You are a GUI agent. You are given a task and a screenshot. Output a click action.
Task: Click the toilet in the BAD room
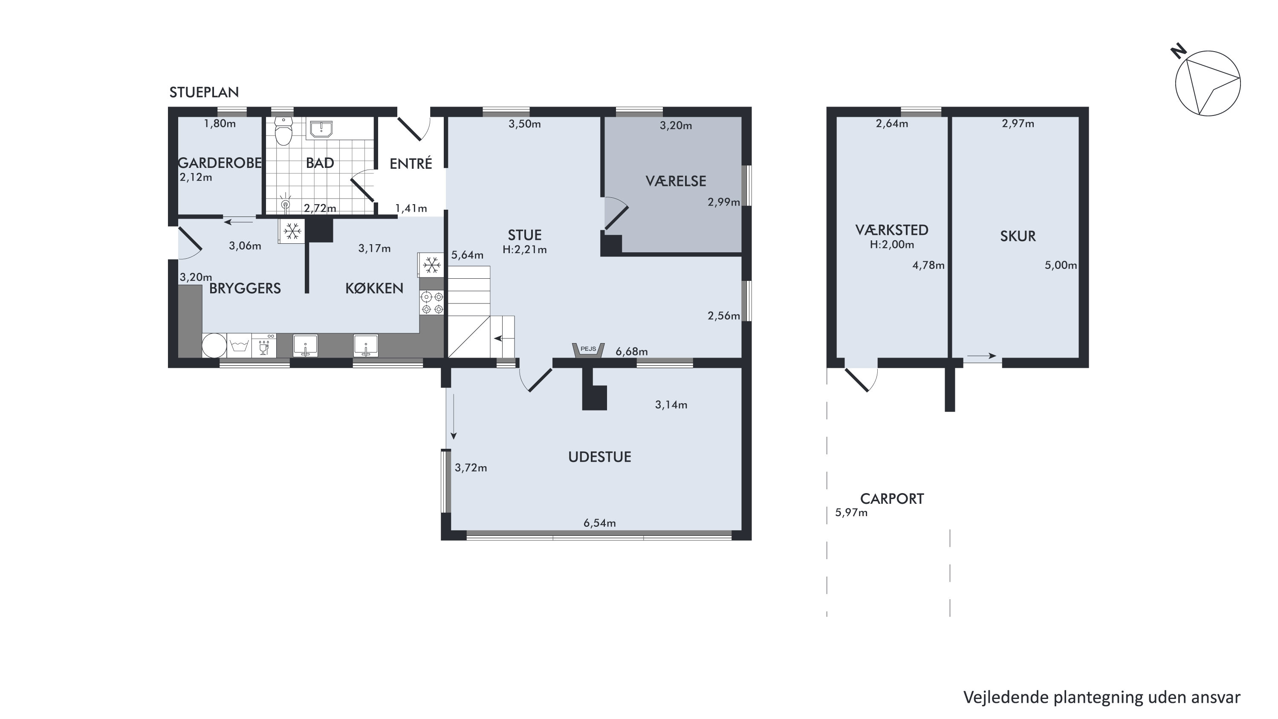pos(283,131)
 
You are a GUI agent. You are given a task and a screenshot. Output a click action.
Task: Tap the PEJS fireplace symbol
pos(588,350)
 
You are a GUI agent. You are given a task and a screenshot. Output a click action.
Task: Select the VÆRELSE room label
pos(676,181)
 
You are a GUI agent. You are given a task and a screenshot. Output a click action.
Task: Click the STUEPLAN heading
pos(204,92)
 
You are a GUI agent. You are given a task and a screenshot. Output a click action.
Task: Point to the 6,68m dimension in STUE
pos(632,352)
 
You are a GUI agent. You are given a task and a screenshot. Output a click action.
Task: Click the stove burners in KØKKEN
pos(432,303)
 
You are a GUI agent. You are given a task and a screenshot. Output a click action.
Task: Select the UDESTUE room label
pos(600,457)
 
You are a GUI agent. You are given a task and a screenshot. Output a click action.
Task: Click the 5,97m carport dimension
pos(851,513)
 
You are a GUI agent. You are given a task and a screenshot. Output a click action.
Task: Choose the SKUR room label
pos(1018,236)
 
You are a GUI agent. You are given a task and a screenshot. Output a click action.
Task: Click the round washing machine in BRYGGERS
pos(214,345)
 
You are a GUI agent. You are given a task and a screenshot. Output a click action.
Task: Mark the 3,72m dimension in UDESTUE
pos(471,468)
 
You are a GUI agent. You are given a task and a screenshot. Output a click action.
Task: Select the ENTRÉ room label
pos(411,164)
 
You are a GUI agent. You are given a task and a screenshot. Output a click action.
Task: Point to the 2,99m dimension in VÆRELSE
pos(724,202)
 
